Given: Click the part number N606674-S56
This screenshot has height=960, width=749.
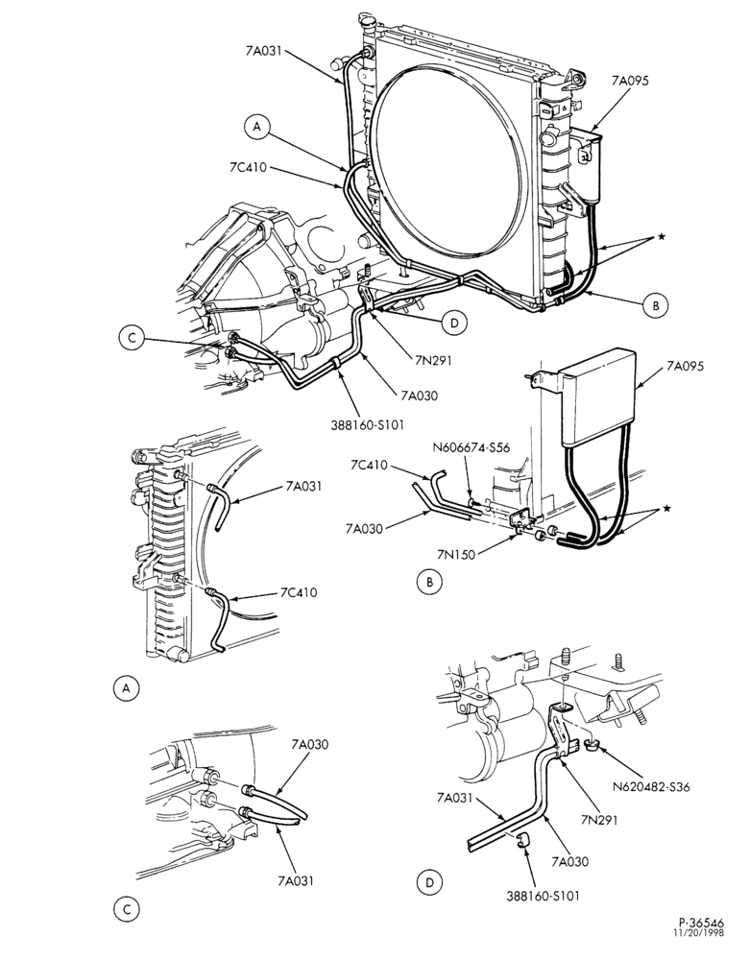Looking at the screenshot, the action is (x=471, y=447).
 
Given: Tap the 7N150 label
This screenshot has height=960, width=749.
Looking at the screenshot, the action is (x=456, y=554).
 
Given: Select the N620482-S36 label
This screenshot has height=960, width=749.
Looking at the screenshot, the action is (x=650, y=787).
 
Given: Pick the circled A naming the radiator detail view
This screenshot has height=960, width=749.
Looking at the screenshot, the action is (x=126, y=688).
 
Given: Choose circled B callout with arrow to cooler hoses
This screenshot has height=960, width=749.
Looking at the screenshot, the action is (x=656, y=305).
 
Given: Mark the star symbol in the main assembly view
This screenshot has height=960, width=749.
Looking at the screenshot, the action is (x=661, y=236).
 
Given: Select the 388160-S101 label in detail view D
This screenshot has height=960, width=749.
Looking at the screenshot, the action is (x=543, y=895).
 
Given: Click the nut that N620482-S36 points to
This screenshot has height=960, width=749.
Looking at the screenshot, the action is (x=591, y=745).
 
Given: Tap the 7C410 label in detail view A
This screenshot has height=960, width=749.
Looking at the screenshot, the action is (x=299, y=592).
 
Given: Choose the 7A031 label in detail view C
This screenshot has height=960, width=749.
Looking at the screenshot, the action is (x=296, y=880).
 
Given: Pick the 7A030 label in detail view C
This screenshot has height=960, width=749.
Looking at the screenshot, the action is (x=310, y=745).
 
